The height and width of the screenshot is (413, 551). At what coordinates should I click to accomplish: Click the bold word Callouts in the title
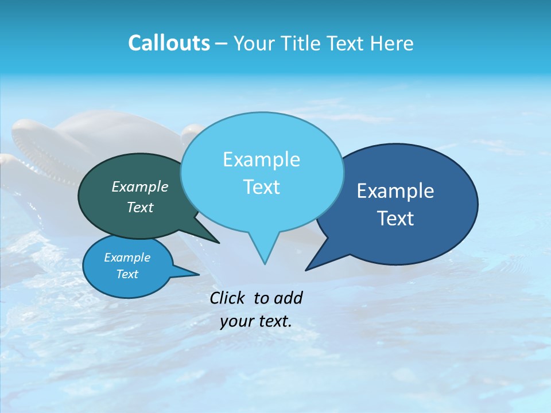169,43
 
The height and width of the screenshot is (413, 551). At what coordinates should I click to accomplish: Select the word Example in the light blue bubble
261,159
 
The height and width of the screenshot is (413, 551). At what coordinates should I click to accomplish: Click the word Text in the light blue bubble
261,187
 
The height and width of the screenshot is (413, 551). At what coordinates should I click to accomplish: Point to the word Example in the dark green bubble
139,186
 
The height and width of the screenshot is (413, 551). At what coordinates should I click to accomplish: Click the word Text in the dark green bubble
139,207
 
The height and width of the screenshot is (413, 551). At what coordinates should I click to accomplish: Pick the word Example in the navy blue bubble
395,191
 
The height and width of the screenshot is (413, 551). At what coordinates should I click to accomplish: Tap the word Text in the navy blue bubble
395,219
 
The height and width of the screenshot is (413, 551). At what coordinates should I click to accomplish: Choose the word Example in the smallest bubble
127,258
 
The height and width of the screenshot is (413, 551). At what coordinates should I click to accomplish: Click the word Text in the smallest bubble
127,274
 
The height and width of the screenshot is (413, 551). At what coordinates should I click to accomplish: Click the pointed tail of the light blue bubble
264,255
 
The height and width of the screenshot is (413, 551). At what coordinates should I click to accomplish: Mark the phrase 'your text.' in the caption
255,321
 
